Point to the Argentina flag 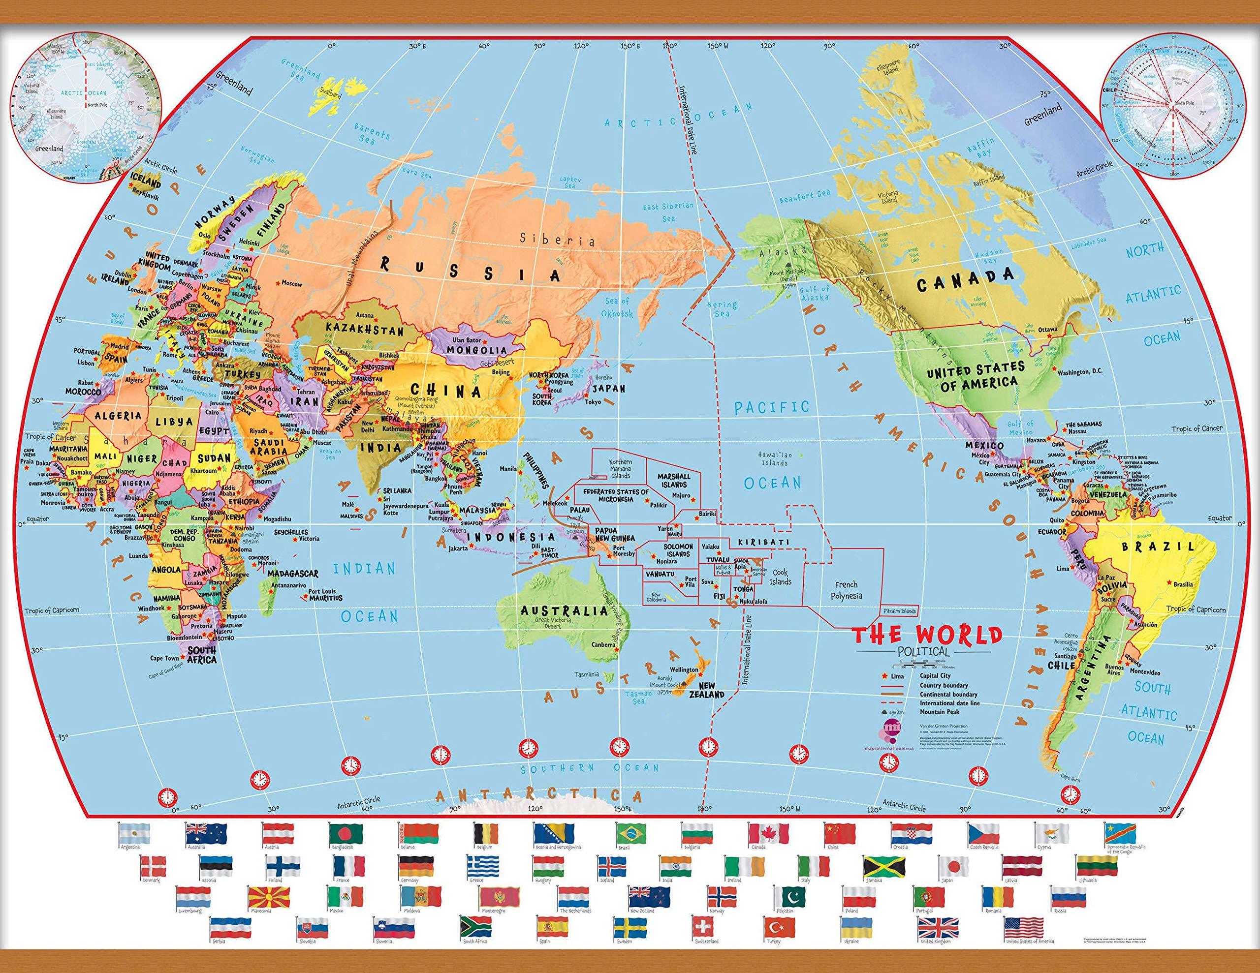(134, 833)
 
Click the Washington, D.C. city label (1079, 372)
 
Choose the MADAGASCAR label (292, 574)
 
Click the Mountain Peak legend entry (940, 712)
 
